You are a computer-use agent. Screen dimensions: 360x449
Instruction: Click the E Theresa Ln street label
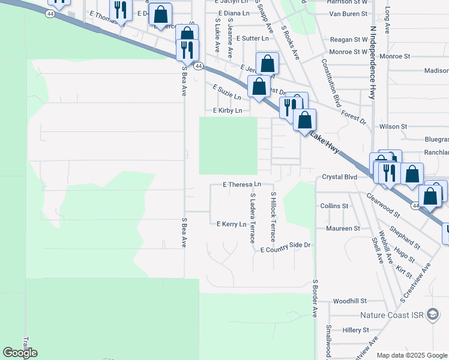pos(242,185)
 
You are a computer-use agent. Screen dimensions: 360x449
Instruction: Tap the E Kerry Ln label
pos(232,224)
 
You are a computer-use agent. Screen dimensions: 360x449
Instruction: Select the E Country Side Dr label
pos(285,245)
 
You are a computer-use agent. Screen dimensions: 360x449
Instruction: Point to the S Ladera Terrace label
pos(253,218)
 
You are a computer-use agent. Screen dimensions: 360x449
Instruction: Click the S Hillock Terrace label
pos(273,217)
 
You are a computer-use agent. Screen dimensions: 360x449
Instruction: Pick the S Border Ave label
pos(314,298)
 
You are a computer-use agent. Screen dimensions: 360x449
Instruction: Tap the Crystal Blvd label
pos(339,177)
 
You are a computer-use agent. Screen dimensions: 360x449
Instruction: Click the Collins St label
pos(334,206)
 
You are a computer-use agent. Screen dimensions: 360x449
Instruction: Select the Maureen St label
pos(343,229)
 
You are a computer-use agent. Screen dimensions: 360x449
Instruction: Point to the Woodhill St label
pos(349,301)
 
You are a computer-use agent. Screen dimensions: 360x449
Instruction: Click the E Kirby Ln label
pos(228,111)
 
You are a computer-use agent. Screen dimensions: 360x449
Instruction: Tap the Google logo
pos(20,353)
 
